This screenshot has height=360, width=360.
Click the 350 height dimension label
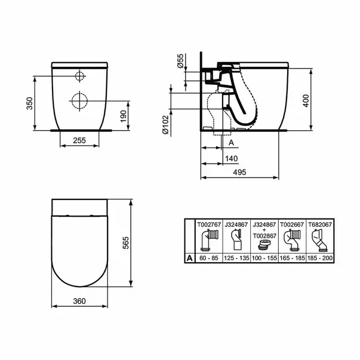pos(30,103)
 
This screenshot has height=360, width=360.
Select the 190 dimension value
pos(124,116)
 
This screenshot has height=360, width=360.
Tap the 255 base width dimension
pos(79,140)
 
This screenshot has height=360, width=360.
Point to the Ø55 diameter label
pos(180,61)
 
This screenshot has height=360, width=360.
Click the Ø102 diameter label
pos(165,125)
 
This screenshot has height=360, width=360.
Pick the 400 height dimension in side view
pos(306,101)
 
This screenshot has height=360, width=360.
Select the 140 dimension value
pos(232,158)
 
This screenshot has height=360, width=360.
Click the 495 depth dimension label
pos(239,172)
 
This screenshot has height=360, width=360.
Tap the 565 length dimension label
pos(125,243)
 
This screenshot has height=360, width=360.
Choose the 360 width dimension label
pos(79,301)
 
